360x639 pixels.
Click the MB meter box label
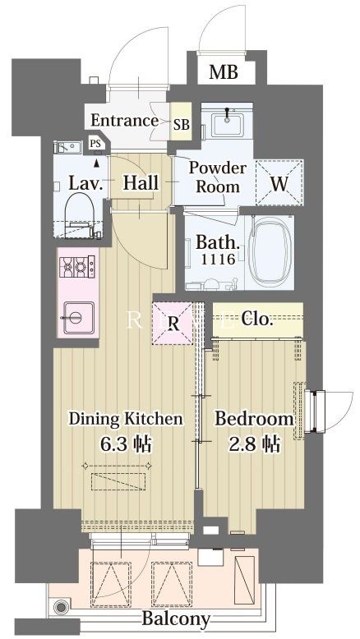click(x=223, y=72)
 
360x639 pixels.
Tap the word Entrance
click(x=124, y=120)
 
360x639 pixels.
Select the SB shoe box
click(x=181, y=122)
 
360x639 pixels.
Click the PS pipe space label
click(x=95, y=144)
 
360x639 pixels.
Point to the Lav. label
click(x=85, y=183)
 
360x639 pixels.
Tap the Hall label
click(x=141, y=183)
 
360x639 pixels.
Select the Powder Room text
click(x=218, y=177)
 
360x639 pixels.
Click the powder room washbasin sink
click(x=227, y=124)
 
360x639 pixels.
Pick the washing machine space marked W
click(x=279, y=182)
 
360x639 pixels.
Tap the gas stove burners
click(x=77, y=266)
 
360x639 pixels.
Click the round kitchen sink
click(x=75, y=318)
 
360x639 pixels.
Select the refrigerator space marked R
click(x=173, y=324)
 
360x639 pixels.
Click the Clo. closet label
click(x=256, y=319)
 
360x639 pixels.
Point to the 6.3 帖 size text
click(x=126, y=444)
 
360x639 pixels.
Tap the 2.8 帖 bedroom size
click(x=255, y=444)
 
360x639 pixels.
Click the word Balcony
click(x=176, y=619)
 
